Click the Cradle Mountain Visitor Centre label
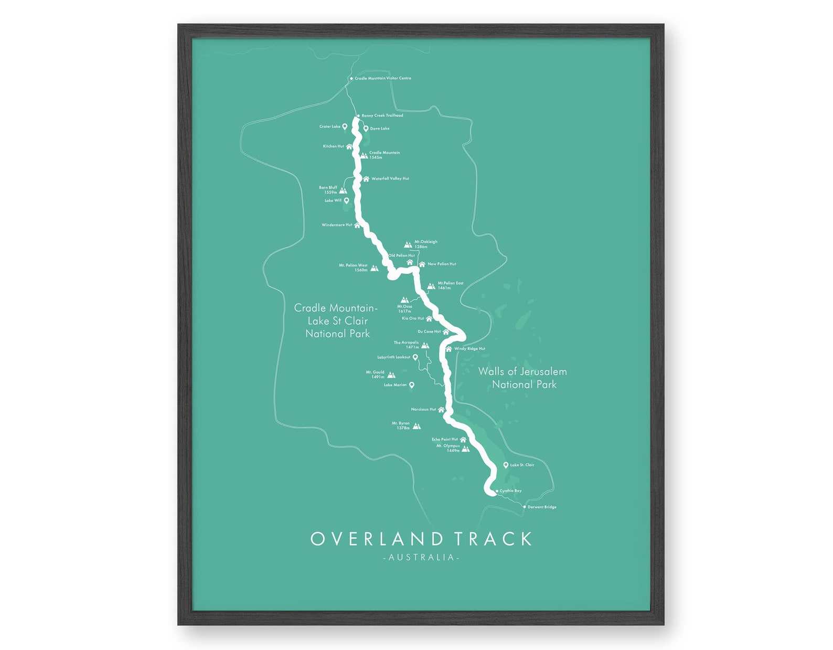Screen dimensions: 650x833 pos(382,78)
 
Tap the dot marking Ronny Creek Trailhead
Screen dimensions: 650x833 pos(358,115)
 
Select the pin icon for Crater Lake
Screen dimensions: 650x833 pos(345,126)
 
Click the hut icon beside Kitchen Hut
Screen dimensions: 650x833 pos(349,147)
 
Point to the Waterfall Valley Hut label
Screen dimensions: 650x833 pos(390,178)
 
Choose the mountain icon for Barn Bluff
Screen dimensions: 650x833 pos(343,190)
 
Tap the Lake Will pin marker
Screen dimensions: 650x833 pos(346,200)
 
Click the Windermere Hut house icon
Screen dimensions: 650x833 pos(357,225)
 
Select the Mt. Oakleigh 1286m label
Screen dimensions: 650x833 pos(425,244)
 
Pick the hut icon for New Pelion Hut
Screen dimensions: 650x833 pos(422,264)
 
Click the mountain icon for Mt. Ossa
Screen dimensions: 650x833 pos(404,300)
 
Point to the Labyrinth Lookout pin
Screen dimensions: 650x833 pos(415,357)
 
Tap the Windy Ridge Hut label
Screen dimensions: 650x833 pos(469,348)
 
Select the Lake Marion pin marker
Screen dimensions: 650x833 pos(412,385)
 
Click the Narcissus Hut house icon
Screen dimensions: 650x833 pos(441,410)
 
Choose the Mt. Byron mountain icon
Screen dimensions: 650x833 pos(417,426)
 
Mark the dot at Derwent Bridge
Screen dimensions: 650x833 pos(524,507)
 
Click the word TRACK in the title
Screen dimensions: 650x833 pos(493,539)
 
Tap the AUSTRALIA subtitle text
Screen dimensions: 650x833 pos(421,557)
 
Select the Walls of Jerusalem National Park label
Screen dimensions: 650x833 pos(523,378)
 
